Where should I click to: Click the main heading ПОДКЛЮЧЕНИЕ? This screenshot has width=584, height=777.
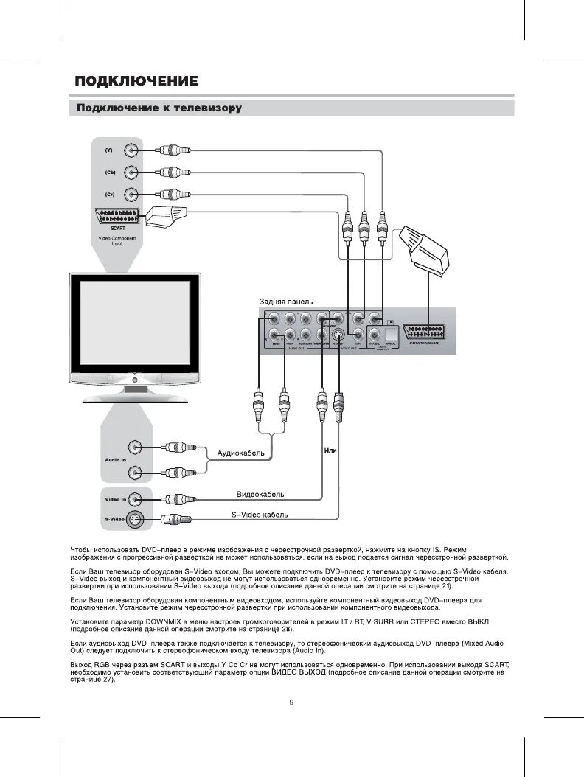(136, 80)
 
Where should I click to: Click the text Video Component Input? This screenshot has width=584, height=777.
(117, 240)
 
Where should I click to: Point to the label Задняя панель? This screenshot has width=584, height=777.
(285, 302)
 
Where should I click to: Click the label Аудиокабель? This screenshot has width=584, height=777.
(240, 452)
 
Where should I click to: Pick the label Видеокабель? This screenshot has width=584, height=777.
(260, 494)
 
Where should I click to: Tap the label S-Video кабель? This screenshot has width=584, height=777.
(254, 515)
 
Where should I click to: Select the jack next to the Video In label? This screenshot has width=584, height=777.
(134, 499)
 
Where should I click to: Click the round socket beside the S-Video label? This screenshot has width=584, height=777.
(134, 520)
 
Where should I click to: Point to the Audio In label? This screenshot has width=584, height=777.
(115, 459)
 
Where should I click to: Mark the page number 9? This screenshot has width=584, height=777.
(292, 702)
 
